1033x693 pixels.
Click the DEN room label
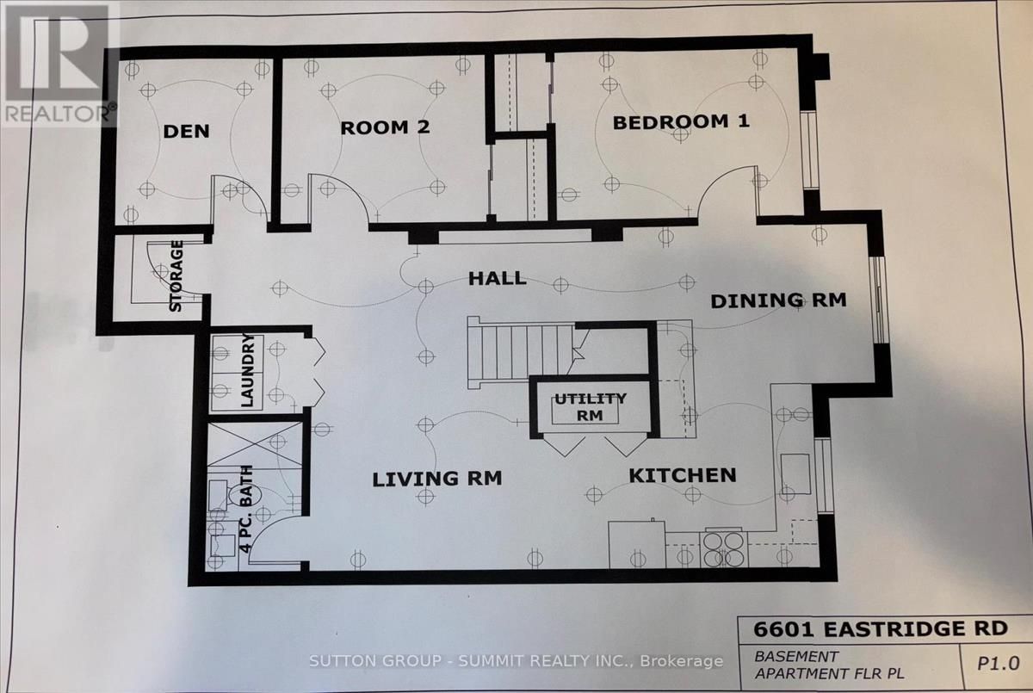(186, 132)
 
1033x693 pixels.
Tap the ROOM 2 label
(385, 127)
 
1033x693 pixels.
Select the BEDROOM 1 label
(681, 122)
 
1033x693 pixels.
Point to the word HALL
(498, 278)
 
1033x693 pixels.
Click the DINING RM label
(778, 300)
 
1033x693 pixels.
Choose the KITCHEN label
(683, 475)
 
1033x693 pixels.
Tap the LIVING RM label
(436, 479)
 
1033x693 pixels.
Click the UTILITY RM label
(591, 406)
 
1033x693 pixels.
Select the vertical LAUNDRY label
(247, 370)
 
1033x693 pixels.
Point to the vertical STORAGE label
(176, 275)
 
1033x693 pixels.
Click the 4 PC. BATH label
(246, 509)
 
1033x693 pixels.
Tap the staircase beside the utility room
(521, 353)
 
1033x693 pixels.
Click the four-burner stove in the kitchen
(724, 549)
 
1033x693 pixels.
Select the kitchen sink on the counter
(795, 474)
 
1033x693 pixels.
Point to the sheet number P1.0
(999, 664)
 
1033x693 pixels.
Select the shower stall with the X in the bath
(255, 444)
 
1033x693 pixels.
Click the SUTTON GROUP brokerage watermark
(516, 661)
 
